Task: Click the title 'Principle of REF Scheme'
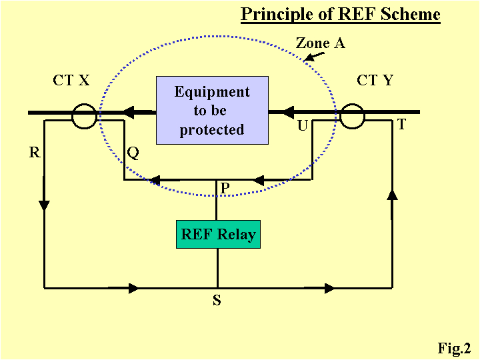coord(340,14)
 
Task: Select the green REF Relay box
coord(218,235)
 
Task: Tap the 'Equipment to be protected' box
coord(212,111)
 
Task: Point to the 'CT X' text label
coord(71,81)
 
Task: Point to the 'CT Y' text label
coord(375,81)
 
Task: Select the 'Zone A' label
coord(321,43)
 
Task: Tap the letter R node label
coord(35,153)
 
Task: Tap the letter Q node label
coord(133,153)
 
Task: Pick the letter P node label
coord(225,189)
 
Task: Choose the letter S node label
coord(217,301)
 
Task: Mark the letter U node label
coord(302,125)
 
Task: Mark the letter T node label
coord(401,125)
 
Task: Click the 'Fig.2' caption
coord(454,347)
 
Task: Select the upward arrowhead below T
coord(392,194)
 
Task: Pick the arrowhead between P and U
coord(259,180)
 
